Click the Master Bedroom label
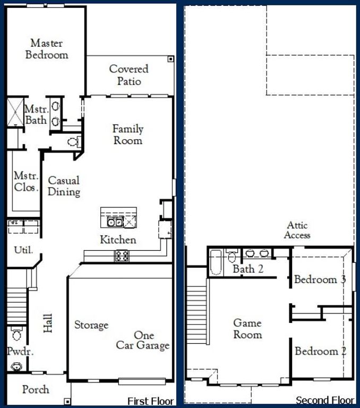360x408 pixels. [47, 48]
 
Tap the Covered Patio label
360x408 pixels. [129, 75]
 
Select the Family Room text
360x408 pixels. [127, 134]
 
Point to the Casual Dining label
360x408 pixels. [64, 186]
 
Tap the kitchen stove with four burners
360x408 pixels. [122, 256]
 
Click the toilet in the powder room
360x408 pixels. [16, 335]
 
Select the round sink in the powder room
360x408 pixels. [16, 366]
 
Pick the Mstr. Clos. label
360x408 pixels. [26, 181]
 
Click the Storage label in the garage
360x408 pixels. [91, 325]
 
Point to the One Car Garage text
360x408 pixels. [143, 341]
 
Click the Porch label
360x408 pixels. [36, 389]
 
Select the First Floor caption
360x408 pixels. [151, 401]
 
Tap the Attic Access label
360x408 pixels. [297, 230]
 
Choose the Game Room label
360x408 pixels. [247, 329]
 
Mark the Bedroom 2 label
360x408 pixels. [321, 351]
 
